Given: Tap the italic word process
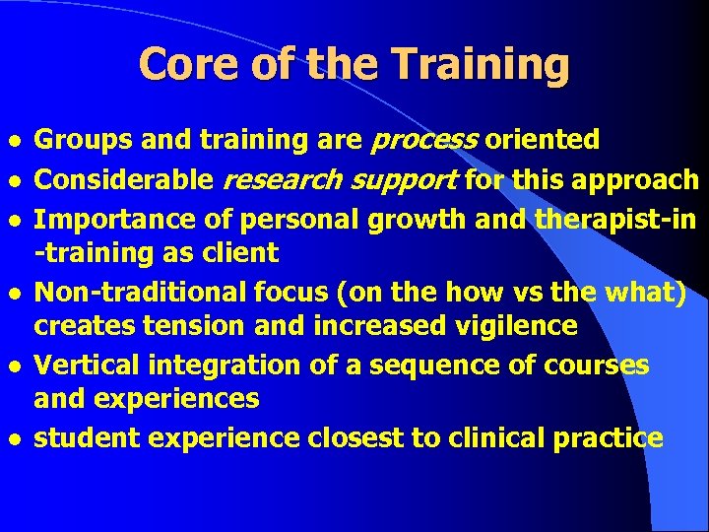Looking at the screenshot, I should click(423, 142).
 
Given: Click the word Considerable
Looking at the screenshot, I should click(124, 179).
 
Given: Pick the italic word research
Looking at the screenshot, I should click(280, 179).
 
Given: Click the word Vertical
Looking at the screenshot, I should click(86, 365).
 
